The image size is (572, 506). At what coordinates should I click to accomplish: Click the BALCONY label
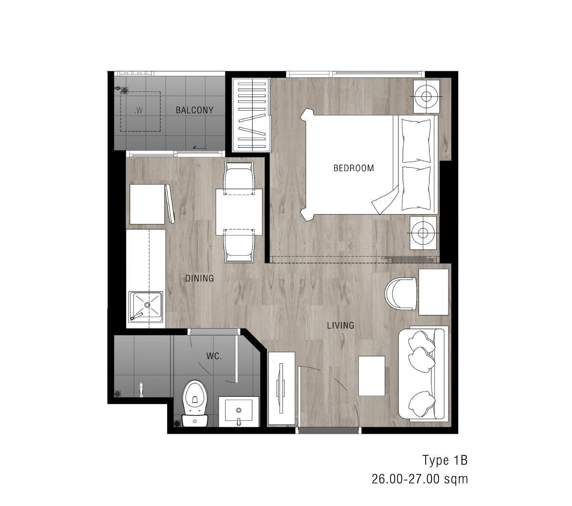point(194,110)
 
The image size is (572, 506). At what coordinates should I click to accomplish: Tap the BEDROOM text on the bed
point(354,168)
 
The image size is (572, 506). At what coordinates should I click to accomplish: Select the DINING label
point(199,279)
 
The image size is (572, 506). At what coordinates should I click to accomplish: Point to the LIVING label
point(340,325)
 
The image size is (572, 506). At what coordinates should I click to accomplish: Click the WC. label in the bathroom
point(214,356)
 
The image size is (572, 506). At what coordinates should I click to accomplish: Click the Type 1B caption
point(445,460)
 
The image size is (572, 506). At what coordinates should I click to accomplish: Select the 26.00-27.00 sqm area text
point(420,479)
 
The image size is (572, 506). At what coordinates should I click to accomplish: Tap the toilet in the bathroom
point(195,403)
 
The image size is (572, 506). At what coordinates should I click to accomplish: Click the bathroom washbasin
point(239,412)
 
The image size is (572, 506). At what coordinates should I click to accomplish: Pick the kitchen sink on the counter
point(146,307)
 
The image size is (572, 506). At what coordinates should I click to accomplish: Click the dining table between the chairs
point(239,212)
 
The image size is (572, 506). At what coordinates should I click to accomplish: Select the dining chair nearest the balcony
point(239,178)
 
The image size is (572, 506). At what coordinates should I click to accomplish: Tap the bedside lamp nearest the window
point(426,96)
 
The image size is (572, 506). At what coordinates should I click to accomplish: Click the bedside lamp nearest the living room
point(423,233)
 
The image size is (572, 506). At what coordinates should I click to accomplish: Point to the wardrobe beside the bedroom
point(251,115)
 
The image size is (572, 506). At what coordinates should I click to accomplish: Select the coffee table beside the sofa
point(371,376)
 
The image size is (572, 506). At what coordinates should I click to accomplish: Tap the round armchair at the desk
point(400,293)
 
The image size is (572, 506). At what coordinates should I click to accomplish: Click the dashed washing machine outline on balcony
point(140,111)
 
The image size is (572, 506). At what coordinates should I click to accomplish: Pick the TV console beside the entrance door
point(281,388)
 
